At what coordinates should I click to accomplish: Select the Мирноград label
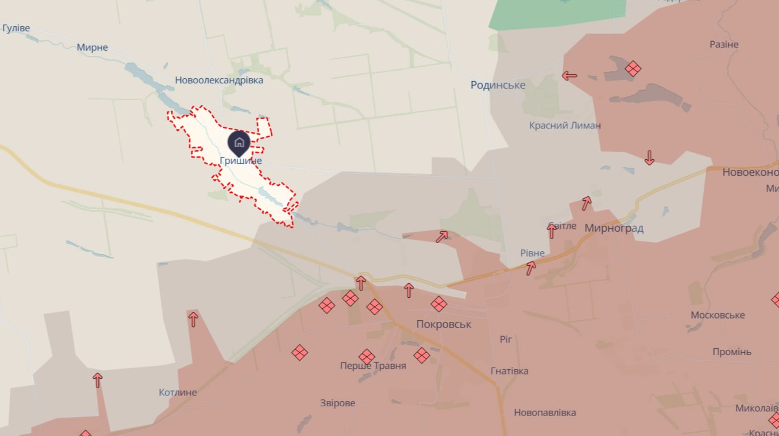click(x=614, y=228)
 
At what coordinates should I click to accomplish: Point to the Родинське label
click(x=498, y=85)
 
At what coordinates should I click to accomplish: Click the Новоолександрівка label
click(x=219, y=80)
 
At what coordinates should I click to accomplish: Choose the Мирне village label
click(x=93, y=47)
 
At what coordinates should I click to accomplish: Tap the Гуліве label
click(x=16, y=28)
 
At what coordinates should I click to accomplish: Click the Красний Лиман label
click(x=565, y=126)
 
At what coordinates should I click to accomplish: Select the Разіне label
click(x=724, y=45)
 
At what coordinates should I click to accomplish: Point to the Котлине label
click(x=178, y=393)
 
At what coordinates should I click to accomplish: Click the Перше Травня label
click(x=373, y=366)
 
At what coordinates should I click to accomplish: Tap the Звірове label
click(x=338, y=403)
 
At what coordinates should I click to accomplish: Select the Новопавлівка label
click(x=545, y=413)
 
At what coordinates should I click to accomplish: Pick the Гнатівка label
click(x=509, y=372)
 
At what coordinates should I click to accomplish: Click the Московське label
click(x=717, y=316)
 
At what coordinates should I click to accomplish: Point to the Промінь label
click(x=732, y=352)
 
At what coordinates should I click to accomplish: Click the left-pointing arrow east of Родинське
click(x=569, y=75)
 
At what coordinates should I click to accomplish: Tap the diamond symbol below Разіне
click(x=633, y=68)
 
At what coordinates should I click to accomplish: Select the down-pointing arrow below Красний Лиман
click(x=649, y=158)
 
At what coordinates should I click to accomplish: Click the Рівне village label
click(x=532, y=253)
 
